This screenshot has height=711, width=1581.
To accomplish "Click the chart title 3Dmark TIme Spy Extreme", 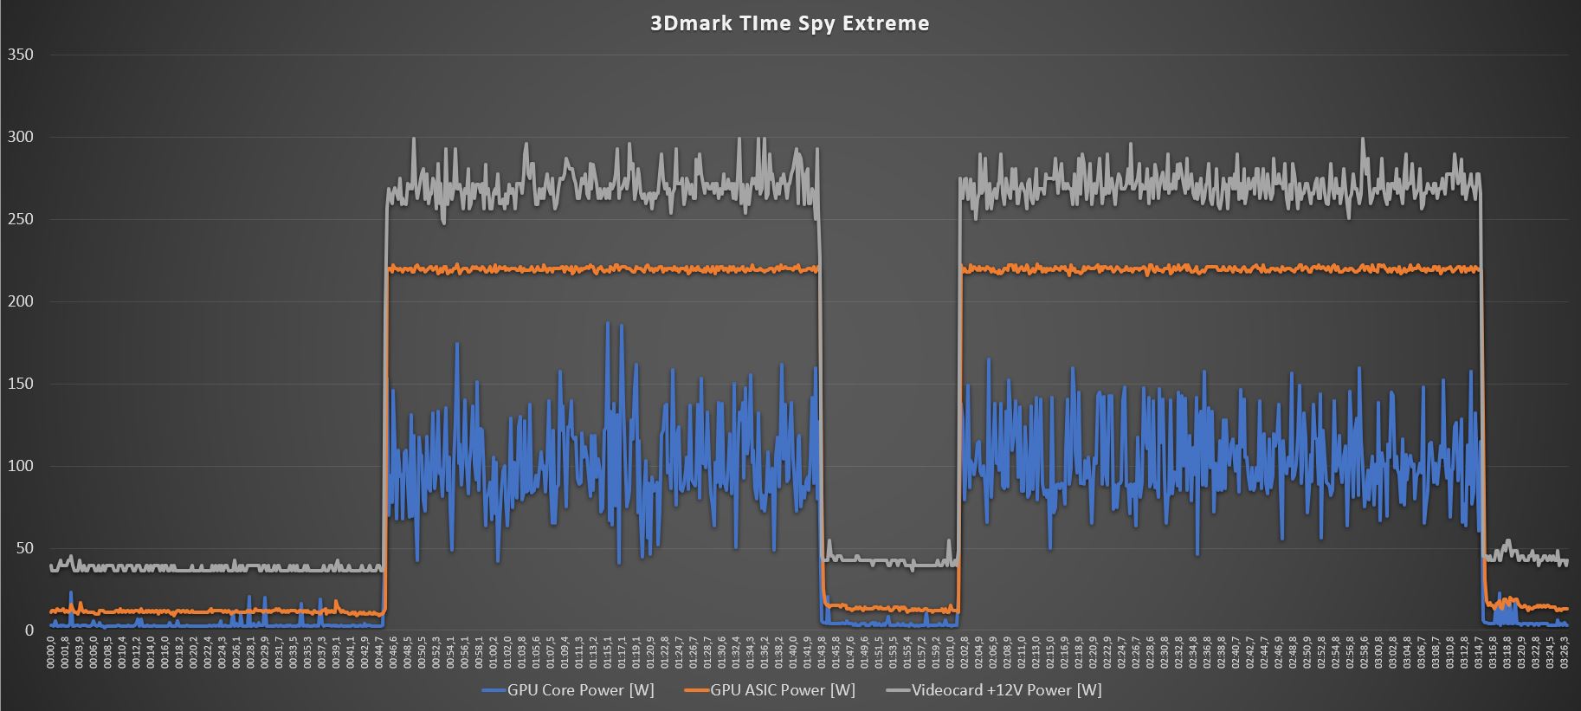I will point(790,23).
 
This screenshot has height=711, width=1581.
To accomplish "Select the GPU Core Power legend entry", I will point(580,690).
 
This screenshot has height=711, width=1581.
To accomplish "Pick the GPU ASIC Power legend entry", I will point(782,690).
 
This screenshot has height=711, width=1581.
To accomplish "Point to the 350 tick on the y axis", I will point(20,55).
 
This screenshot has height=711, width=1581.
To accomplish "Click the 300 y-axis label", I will point(20,137).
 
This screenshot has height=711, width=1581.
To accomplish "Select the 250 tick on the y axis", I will point(20,219).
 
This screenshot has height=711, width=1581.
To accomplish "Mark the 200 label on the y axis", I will point(20,301).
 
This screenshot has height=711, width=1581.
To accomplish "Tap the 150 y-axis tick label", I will point(20,384).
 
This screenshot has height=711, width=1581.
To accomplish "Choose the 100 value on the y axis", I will point(20,466).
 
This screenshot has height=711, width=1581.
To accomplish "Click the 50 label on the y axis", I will point(23,548).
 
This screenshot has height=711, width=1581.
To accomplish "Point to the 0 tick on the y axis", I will point(29,630).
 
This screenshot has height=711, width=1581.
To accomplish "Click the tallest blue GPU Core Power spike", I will point(607,323).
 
